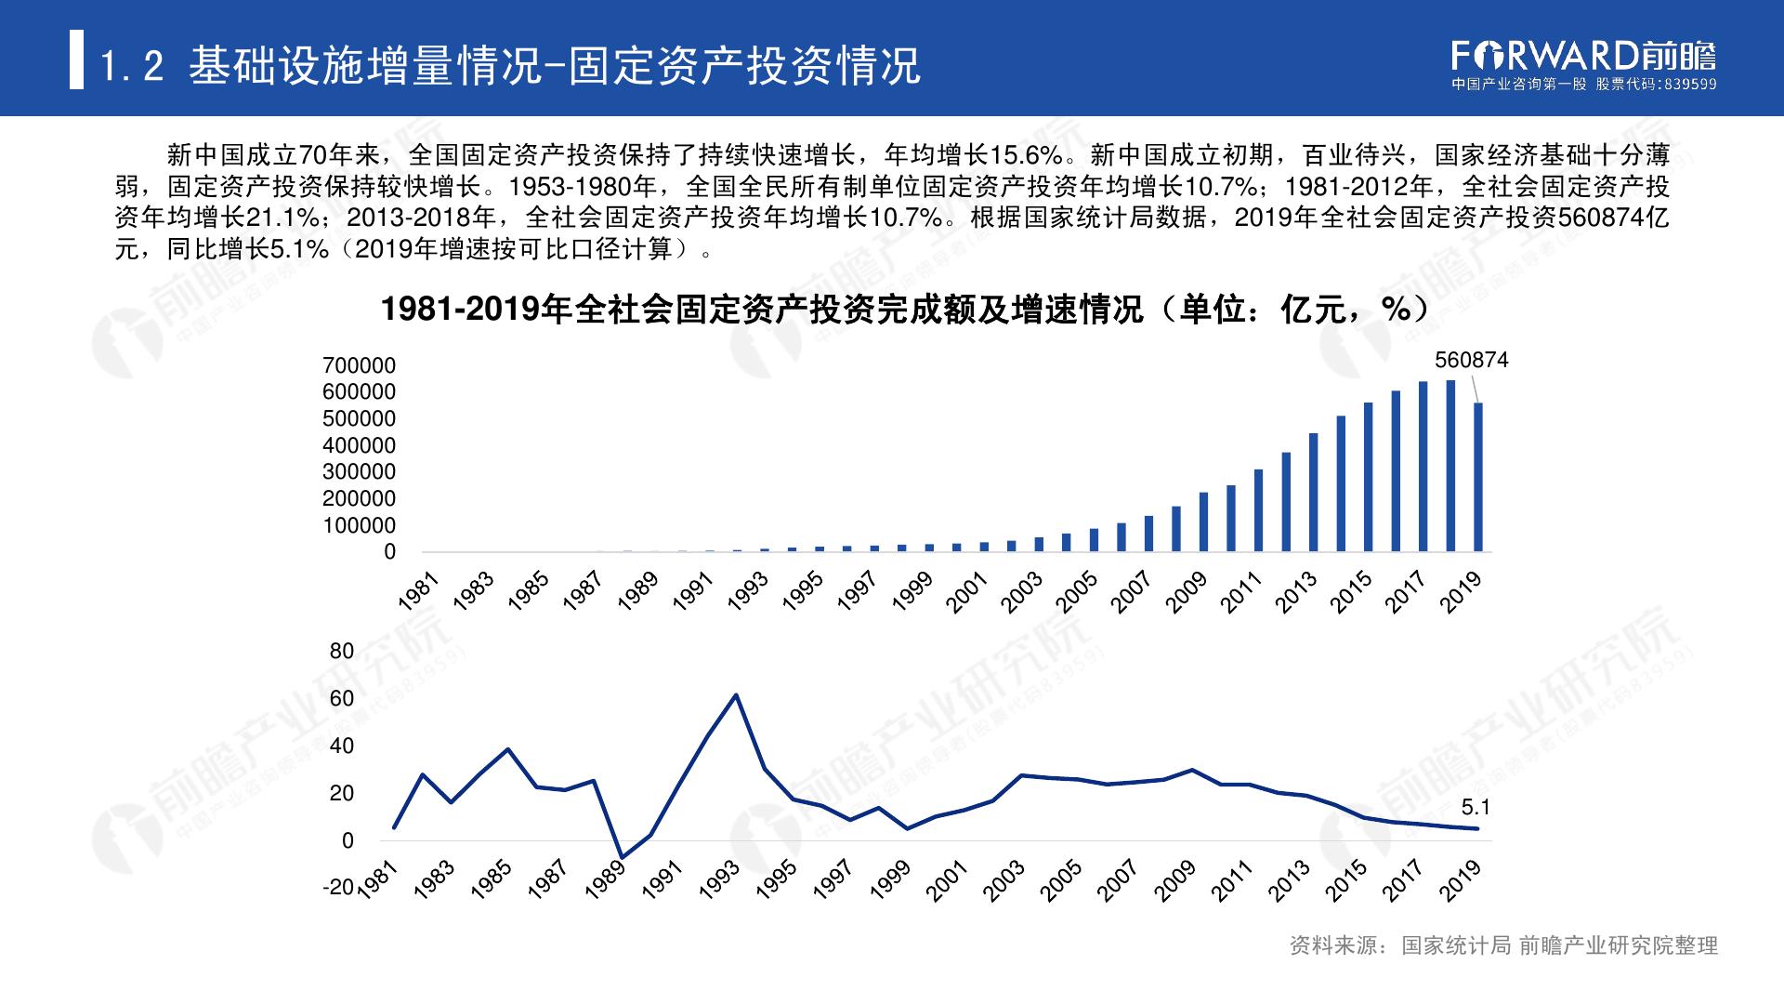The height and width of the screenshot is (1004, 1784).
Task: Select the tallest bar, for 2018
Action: (1450, 465)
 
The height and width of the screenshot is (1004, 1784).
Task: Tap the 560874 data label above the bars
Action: (1471, 360)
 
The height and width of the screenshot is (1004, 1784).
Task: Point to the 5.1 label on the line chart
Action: (1476, 808)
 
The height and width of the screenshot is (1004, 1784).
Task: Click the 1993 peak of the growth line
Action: (737, 694)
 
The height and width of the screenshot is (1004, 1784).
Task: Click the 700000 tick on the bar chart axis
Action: (359, 366)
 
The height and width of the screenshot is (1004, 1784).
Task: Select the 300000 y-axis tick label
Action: (359, 472)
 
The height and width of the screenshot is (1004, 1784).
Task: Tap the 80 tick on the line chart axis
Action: (342, 652)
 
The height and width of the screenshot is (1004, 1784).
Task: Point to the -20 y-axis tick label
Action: (338, 888)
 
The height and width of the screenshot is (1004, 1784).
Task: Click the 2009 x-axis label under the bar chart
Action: (1186, 592)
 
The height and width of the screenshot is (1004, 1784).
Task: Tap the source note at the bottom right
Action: (1503, 946)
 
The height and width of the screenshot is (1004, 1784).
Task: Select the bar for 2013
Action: (1313, 492)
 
